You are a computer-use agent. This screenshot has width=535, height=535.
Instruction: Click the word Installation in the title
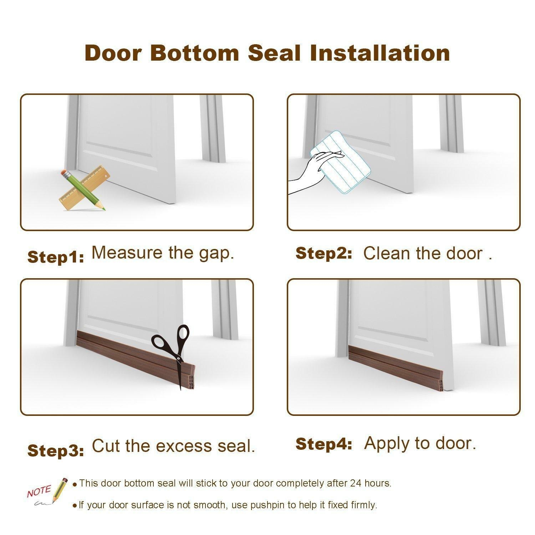coord(380,53)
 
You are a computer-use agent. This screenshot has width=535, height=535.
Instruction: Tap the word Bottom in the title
coord(194,53)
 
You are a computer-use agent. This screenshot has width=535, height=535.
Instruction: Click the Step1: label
coord(56,257)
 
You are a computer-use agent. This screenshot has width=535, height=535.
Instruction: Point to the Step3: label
coord(56,451)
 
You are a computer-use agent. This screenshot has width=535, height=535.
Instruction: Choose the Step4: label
coord(324,444)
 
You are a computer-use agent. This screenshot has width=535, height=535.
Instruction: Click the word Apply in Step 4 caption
coord(387,444)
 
